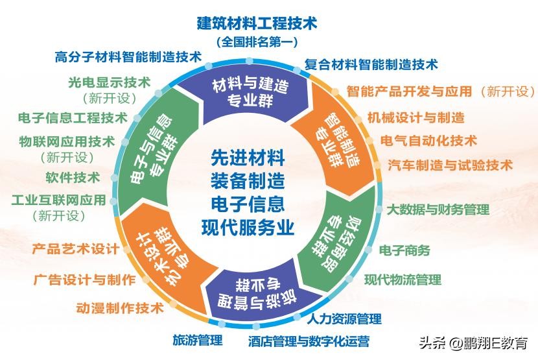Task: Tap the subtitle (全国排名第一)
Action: click(257, 43)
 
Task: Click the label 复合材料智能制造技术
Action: click(371, 64)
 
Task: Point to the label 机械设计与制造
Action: click(415, 117)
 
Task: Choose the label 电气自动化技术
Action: click(428, 140)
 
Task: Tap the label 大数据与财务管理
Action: click(438, 210)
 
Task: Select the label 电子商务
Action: click(404, 250)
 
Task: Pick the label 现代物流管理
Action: click(402, 280)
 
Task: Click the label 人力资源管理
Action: click(344, 318)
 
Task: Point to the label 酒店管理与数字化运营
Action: click(309, 341)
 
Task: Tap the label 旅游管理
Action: click(197, 339)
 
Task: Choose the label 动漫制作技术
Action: click(120, 308)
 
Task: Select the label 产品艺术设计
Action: click(75, 248)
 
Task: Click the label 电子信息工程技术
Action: click(73, 117)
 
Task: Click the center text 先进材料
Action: click(248, 157)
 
